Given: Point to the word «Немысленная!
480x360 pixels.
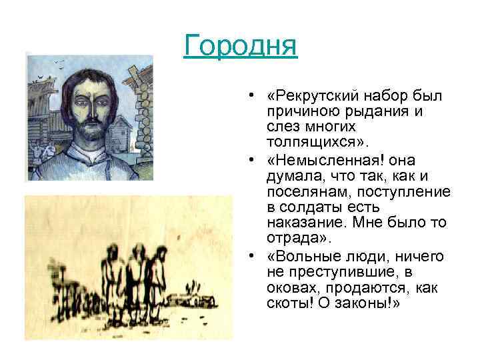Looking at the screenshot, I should [x=315, y=161].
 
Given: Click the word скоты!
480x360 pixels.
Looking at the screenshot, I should [x=288, y=302].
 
